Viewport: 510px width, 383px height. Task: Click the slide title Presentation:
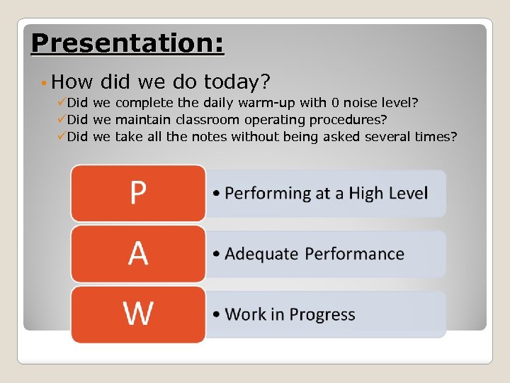127,43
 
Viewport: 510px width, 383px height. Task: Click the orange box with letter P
138,193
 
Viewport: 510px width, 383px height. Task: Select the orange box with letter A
138,253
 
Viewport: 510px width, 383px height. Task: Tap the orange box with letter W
138,313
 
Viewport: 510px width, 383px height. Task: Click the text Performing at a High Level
327,193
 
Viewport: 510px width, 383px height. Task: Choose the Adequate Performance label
314,254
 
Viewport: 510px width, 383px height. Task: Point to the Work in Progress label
290,314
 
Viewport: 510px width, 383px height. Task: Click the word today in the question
237,82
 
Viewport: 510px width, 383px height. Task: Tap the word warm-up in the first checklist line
280,104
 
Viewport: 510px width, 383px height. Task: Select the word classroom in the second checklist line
207,120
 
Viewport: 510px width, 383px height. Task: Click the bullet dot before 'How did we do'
44,84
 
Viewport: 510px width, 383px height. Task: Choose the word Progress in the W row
323,314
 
